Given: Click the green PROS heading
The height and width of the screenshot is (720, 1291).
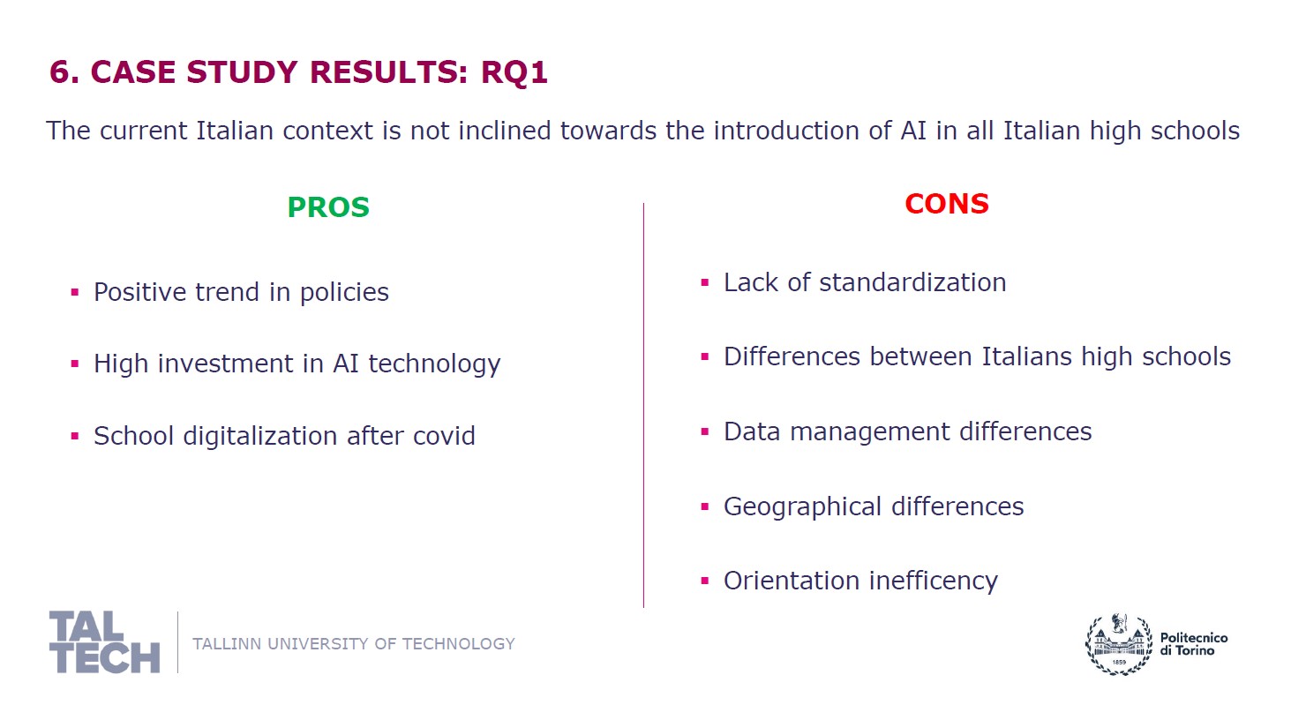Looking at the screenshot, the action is click(328, 207).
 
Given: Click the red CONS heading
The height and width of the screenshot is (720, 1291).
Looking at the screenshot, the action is click(946, 204).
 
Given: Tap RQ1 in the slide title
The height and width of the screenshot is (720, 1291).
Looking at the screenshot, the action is click(514, 72).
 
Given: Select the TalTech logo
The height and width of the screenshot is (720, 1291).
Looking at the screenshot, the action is click(104, 642).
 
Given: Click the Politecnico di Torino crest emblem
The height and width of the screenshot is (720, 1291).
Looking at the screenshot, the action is click(1119, 643).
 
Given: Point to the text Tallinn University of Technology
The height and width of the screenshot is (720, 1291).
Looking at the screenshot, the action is click(353, 643).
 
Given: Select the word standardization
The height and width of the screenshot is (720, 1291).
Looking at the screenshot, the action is click(912, 282).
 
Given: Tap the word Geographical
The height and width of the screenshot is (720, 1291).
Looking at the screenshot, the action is click(802, 507).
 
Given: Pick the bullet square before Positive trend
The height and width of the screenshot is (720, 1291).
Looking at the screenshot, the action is click(74, 292).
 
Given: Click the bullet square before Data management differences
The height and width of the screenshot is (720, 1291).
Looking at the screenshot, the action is click(704, 431).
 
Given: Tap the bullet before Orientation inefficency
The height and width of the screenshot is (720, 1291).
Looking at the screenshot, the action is click(704, 581).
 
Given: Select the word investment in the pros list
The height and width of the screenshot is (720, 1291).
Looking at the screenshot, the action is click(225, 364).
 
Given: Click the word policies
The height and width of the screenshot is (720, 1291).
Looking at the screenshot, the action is click(344, 293).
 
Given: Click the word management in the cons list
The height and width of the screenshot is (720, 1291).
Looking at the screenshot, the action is click(870, 432).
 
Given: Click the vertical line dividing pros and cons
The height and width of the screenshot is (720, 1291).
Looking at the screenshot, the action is click(643, 405).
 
